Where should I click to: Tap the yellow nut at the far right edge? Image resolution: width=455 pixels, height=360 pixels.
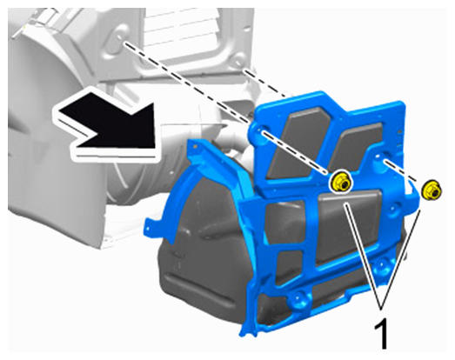(432, 190)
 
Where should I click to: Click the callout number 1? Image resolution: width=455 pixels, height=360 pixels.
(381, 334)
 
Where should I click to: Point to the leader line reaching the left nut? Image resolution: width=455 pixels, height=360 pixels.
(363, 256)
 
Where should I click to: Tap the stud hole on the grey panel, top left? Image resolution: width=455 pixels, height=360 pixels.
(120, 38)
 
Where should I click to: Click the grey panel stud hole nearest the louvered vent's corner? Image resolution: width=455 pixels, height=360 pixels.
(238, 63)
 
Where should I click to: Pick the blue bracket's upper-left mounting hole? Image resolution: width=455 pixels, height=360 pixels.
(260, 130)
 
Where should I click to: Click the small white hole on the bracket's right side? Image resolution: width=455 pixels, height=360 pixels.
(378, 157)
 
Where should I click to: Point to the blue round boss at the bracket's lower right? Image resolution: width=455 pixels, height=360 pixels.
(382, 266)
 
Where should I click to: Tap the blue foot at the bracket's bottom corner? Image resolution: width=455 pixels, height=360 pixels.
(248, 330)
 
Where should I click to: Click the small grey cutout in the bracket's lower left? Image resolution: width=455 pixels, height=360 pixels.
(287, 268)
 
